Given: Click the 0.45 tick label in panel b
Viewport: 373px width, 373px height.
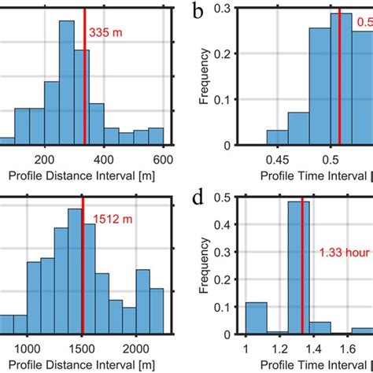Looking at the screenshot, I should pos(277,157).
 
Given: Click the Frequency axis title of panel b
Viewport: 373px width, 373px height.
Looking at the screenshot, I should pos(204,77).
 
